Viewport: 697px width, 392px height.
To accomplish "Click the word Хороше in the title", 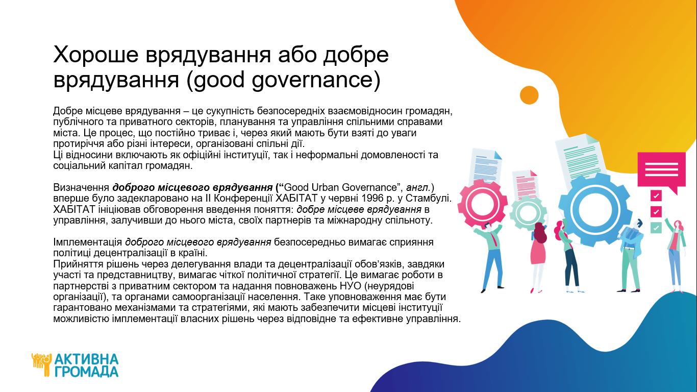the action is pyautogui.click(x=96, y=55).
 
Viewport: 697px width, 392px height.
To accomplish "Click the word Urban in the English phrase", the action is pyautogui.click(x=325, y=187).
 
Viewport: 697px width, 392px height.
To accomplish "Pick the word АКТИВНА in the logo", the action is pyautogui.click(x=86, y=360).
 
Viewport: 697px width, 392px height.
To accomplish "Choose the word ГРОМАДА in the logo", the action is pyautogui.click(x=86, y=372).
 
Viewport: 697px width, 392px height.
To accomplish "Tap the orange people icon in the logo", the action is pyautogui.click(x=41, y=364).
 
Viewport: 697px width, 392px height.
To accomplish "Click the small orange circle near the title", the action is pyautogui.click(x=529, y=95).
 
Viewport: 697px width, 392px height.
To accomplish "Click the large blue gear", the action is pyautogui.click(x=594, y=210).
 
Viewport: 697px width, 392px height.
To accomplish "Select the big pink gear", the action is pyautogui.click(x=482, y=204).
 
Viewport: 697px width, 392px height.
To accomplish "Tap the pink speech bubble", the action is pyautogui.click(x=661, y=172).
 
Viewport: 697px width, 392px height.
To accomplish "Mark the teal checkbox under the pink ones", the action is pyautogui.click(x=656, y=228).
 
